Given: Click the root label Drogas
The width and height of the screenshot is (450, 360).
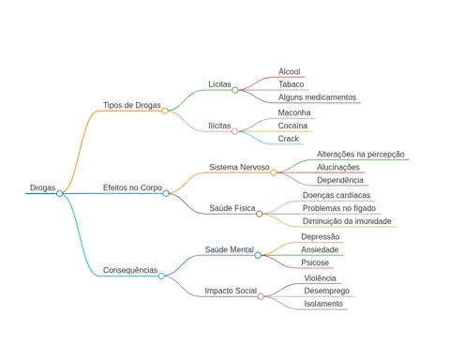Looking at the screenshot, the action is [42, 187].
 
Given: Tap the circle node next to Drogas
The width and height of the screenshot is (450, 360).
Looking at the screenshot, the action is [60, 193].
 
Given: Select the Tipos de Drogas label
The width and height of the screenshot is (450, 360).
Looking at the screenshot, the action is [132, 105].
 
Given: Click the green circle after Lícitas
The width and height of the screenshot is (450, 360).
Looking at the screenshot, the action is [235, 90].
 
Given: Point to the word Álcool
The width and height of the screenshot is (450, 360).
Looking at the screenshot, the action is [290, 71].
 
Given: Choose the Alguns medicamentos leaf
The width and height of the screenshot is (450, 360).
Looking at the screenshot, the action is [317, 97].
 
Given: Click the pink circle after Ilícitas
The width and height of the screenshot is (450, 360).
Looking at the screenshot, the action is [234, 131].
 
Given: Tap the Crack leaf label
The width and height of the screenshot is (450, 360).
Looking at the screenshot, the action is [288, 139].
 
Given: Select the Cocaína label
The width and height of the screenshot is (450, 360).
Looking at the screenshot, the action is [292, 126].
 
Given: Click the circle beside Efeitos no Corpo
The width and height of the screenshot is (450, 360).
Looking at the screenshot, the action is [166, 193].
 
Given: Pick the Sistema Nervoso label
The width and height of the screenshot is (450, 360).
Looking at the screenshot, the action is [239, 167].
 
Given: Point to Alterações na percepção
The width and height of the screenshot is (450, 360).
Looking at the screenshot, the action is [361, 154].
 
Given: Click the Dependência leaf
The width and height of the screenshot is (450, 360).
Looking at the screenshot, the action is [340, 180].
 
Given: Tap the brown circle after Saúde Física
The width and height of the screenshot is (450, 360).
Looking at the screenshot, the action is [259, 214].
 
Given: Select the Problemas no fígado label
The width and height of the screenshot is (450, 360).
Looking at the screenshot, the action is [339, 208].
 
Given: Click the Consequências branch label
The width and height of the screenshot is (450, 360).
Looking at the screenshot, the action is [130, 270].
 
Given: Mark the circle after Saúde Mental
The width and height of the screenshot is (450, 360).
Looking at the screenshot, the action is [258, 255].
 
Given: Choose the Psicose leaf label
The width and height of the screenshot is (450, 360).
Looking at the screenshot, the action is [315, 262].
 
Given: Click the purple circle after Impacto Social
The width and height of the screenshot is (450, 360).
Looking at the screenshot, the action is [261, 296].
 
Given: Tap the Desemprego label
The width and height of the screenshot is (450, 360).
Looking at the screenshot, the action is [326, 291].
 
